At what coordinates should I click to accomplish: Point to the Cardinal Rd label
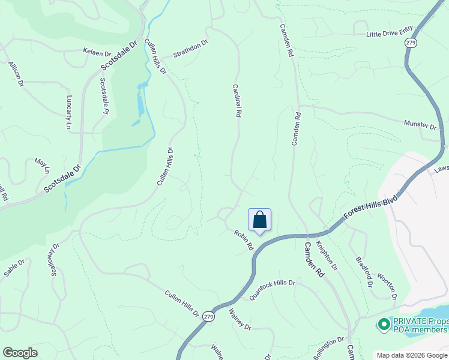point(237,100)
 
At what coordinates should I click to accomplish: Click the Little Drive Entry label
point(390,35)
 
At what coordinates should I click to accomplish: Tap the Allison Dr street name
point(16,74)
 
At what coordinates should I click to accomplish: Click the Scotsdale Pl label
point(104,95)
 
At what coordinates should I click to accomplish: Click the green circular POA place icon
point(383,325)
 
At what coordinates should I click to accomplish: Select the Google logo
point(20,353)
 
